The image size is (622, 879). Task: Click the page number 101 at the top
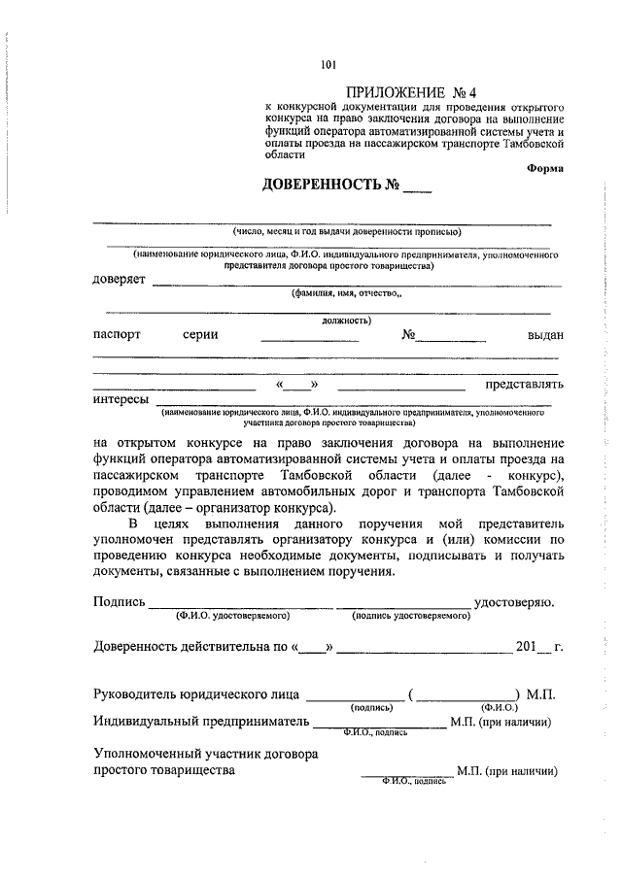(x=327, y=65)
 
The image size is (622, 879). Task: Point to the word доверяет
(x=120, y=280)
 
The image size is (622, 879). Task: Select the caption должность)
(x=345, y=320)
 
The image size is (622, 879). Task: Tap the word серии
(x=199, y=334)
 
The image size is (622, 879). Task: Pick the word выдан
(x=543, y=334)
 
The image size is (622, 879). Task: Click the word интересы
(x=121, y=399)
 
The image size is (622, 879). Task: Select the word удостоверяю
(x=514, y=601)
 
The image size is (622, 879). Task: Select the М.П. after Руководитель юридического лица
(x=538, y=694)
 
